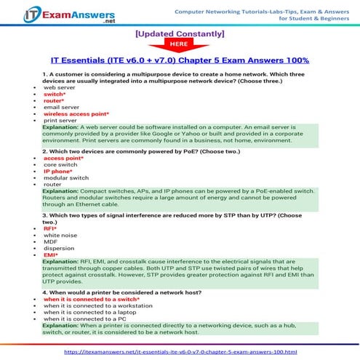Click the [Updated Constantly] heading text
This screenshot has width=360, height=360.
coord(180,33)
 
